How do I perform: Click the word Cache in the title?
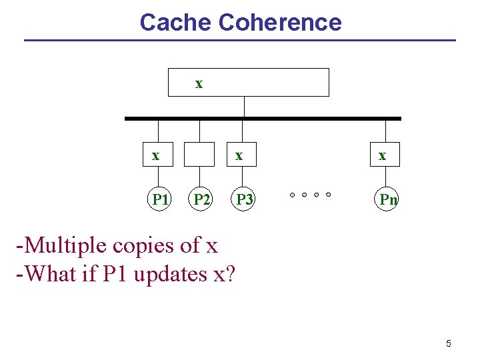click(175, 23)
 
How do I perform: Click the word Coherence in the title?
click(280, 23)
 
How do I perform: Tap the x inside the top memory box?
click(199, 83)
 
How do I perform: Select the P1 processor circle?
click(159, 199)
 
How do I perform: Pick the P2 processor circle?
click(201, 199)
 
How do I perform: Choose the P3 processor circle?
click(245, 199)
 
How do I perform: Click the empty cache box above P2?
click(199, 155)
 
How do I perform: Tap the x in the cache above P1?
click(155, 155)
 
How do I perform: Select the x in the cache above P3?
click(238, 155)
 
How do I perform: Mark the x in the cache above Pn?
click(382, 155)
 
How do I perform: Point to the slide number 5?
click(448, 343)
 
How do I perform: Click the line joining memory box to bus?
click(245, 107)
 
